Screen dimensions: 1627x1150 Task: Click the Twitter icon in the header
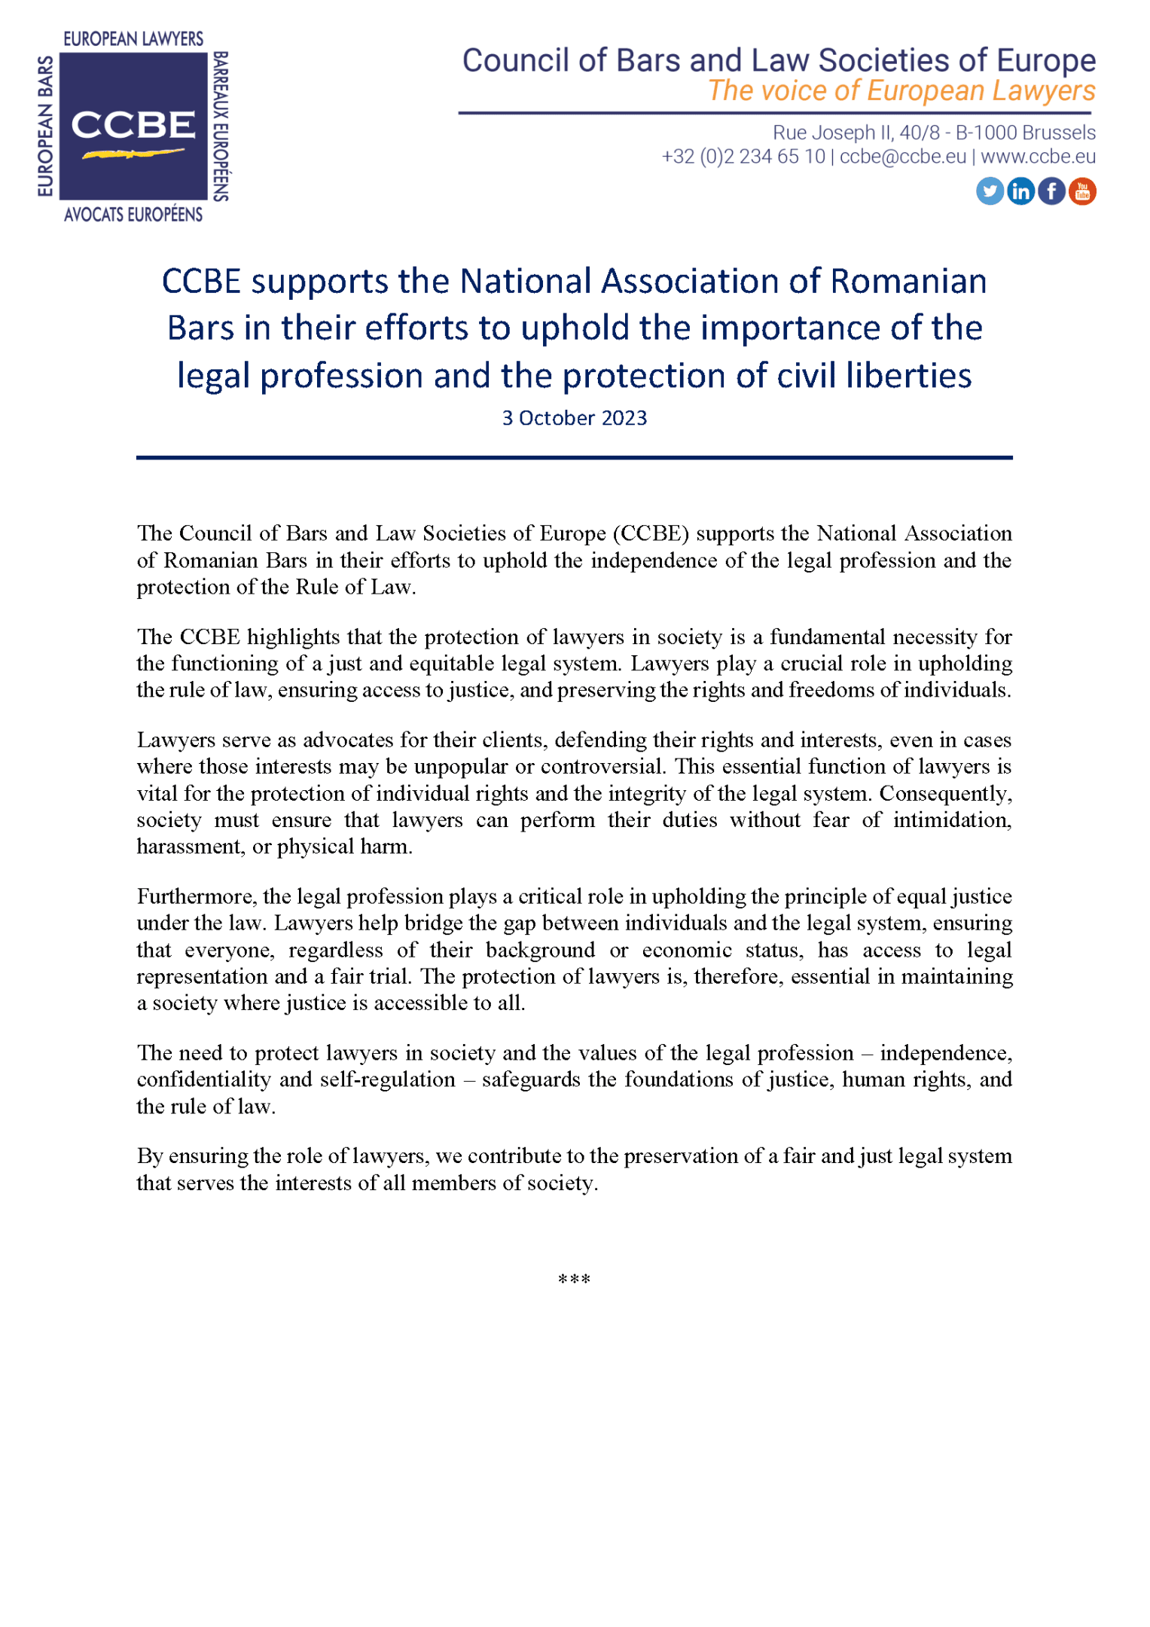(990, 191)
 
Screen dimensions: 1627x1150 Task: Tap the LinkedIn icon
(1020, 191)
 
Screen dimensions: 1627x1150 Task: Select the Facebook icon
(1051, 191)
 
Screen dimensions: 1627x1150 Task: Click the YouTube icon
(1082, 191)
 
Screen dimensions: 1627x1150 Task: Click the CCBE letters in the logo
(133, 125)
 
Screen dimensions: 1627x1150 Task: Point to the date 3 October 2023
(574, 418)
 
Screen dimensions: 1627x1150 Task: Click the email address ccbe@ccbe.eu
(902, 157)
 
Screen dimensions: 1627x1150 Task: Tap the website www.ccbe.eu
(1038, 157)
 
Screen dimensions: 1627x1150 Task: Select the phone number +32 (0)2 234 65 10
(743, 157)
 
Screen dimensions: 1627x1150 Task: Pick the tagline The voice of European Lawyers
(901, 91)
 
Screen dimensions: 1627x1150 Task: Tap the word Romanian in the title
(908, 282)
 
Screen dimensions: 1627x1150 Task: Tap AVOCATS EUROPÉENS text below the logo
(133, 215)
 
